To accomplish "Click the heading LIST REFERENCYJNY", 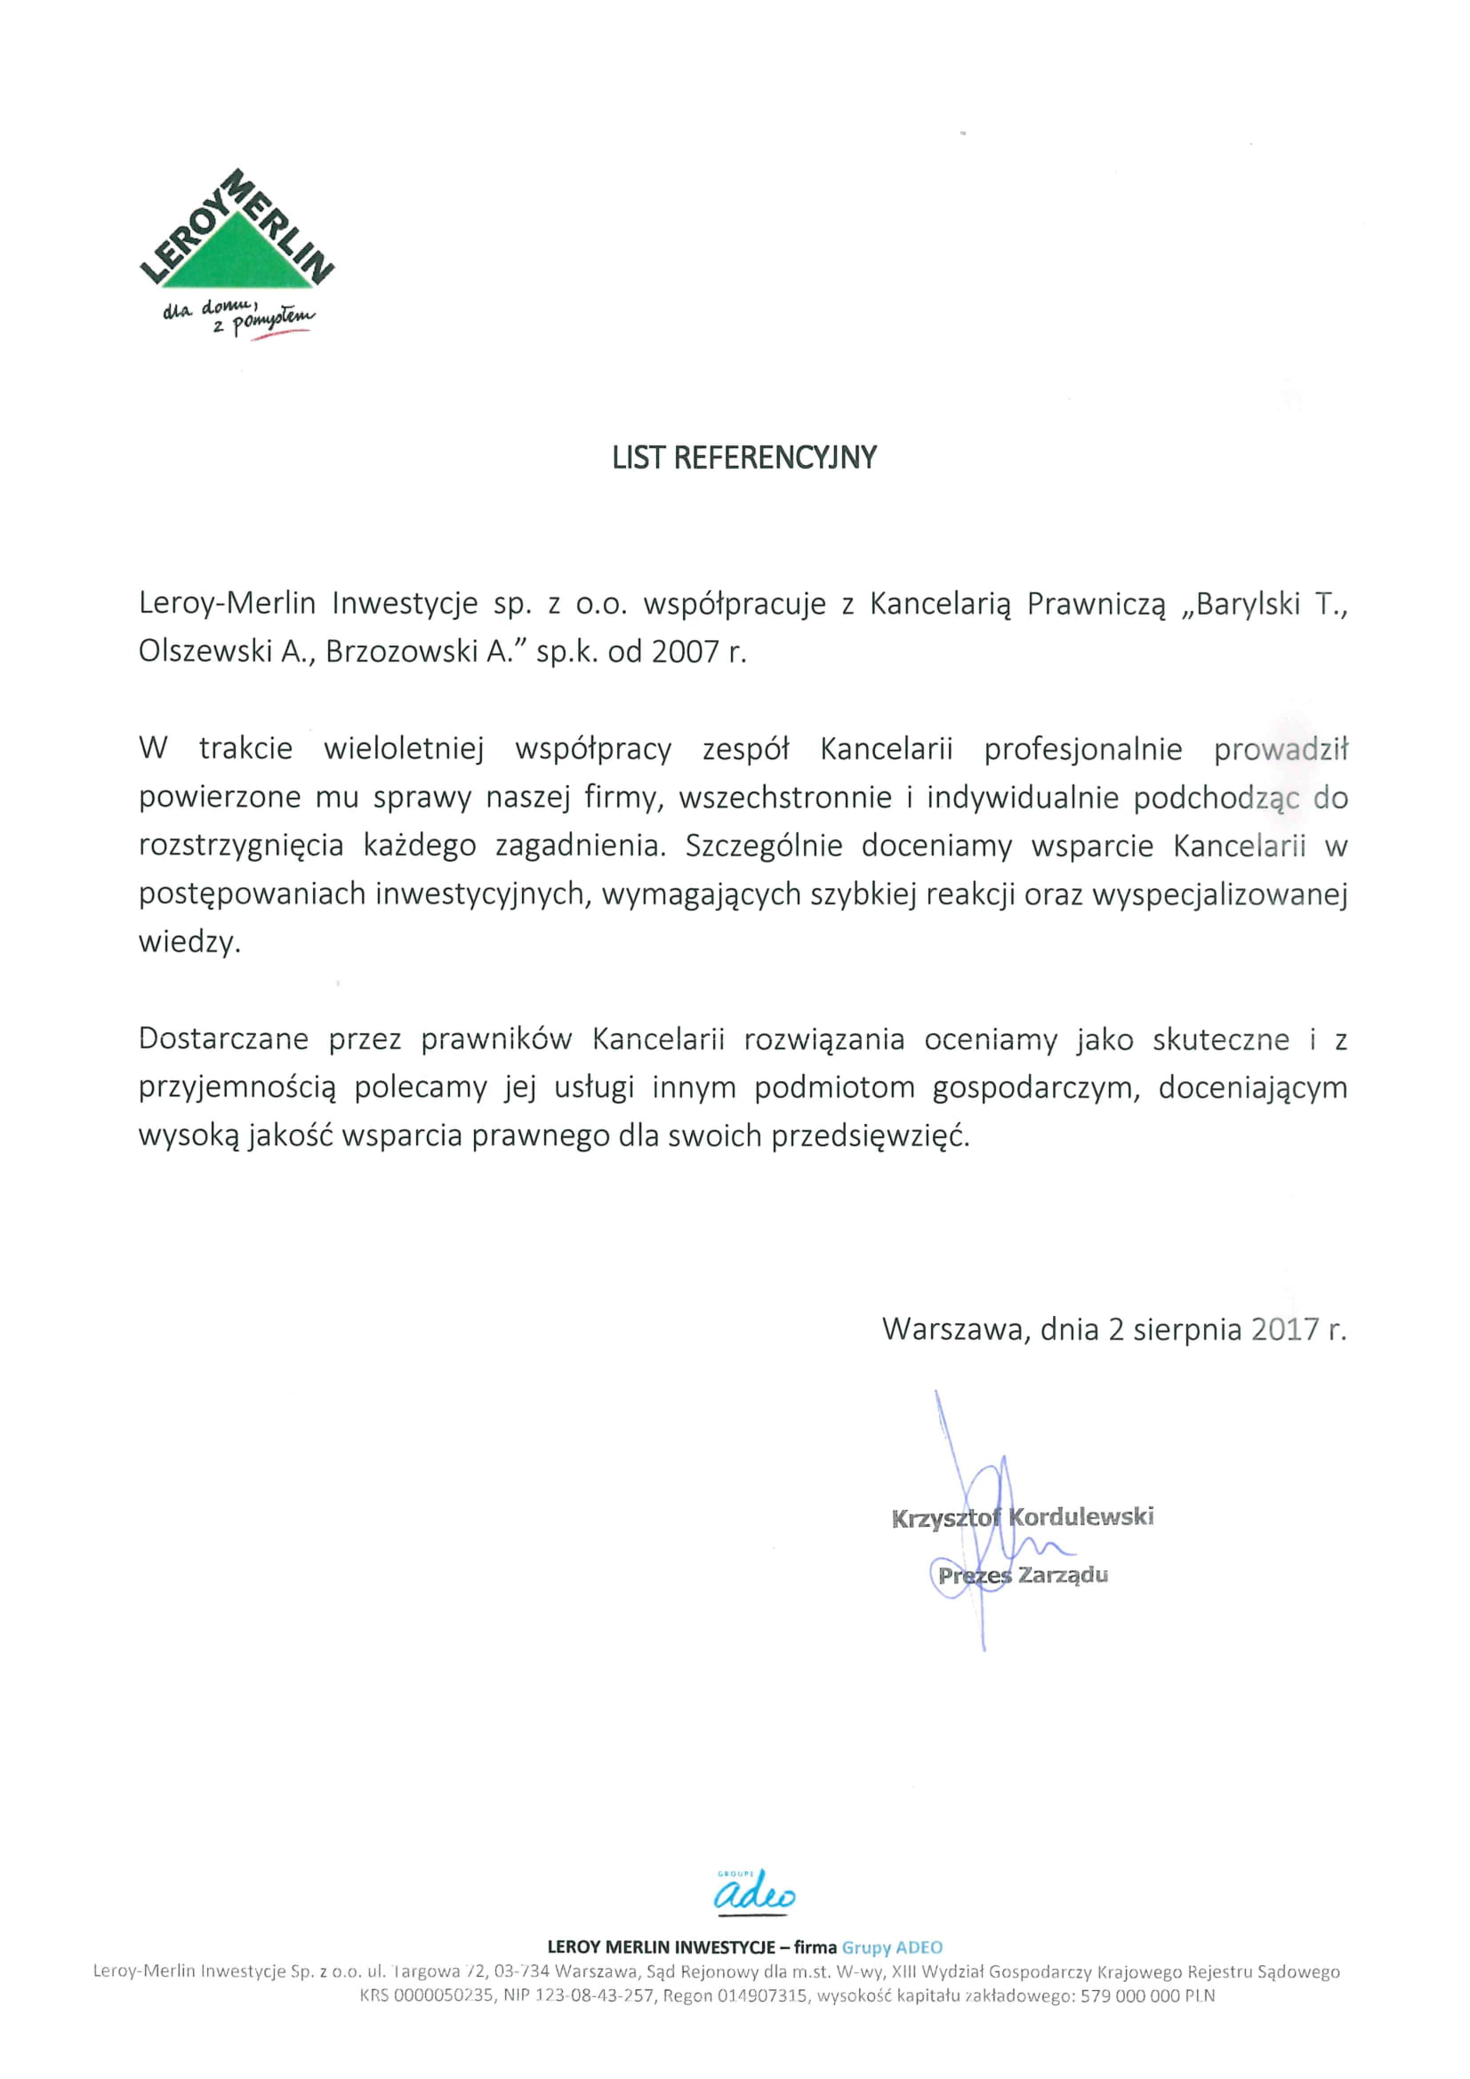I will [x=743, y=458].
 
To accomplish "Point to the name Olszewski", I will [x=205, y=652].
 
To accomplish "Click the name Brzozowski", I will [x=401, y=652].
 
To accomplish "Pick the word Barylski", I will [x=1248, y=604].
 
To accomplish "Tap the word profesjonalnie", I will [x=1082, y=750].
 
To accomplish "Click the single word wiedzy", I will [x=189, y=943].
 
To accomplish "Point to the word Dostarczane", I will [x=224, y=1039].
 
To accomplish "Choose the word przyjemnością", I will [x=237, y=1088].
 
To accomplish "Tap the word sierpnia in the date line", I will [x=1186, y=1329].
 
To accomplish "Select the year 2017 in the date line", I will [x=1284, y=1329].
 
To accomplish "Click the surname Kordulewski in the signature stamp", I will [x=1081, y=1517].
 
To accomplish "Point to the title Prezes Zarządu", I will [x=1023, y=1575].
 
